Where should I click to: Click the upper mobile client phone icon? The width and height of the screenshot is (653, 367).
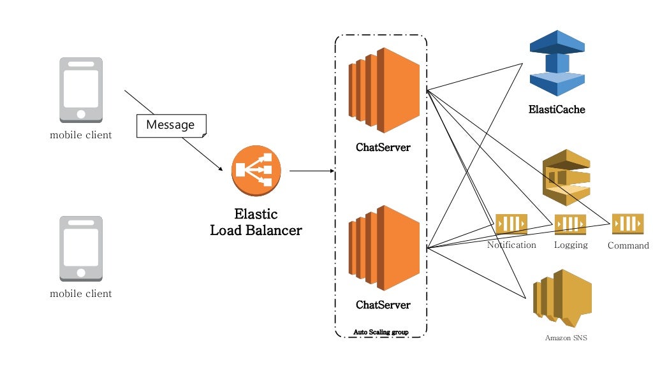coord(80,90)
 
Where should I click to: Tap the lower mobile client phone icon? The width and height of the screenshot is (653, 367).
coord(80,248)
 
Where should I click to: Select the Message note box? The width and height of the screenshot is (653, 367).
coord(171,126)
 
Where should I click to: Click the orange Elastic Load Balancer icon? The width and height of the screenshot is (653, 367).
coord(252,170)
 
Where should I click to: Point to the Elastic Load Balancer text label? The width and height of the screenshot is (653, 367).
coord(256,222)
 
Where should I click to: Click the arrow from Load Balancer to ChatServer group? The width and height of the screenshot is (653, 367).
coord(312,171)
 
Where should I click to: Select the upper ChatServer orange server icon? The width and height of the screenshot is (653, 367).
coord(383,90)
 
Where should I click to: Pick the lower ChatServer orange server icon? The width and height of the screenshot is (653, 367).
coord(383,247)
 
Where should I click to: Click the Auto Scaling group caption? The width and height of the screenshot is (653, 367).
coord(381,332)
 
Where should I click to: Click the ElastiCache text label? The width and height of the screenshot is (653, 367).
coord(557,110)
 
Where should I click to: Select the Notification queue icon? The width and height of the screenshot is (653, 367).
coord(511,224)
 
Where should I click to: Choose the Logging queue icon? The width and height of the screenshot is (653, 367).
coord(570,224)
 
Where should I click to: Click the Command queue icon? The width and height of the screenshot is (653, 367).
coord(628,224)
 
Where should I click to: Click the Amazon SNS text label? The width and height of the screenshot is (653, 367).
coord(566,338)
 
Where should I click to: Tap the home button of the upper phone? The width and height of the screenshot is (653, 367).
coord(80,114)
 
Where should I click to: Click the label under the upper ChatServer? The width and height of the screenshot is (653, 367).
coord(383,148)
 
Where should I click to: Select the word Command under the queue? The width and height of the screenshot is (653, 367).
coord(628,245)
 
